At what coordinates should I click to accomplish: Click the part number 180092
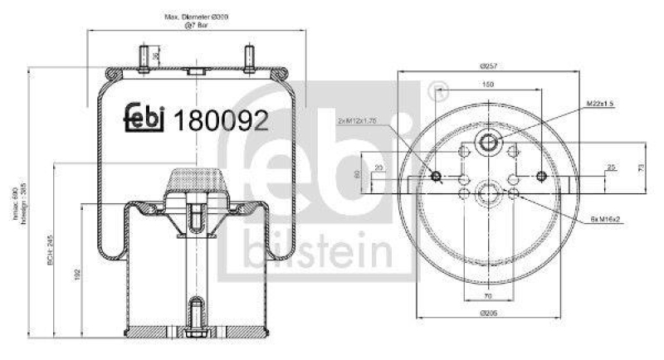(220, 121)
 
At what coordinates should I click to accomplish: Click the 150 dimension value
(488, 85)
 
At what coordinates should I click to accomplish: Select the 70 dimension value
(489, 295)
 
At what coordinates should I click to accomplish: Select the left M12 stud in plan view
(435, 175)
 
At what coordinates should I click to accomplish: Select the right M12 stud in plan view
(543, 175)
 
